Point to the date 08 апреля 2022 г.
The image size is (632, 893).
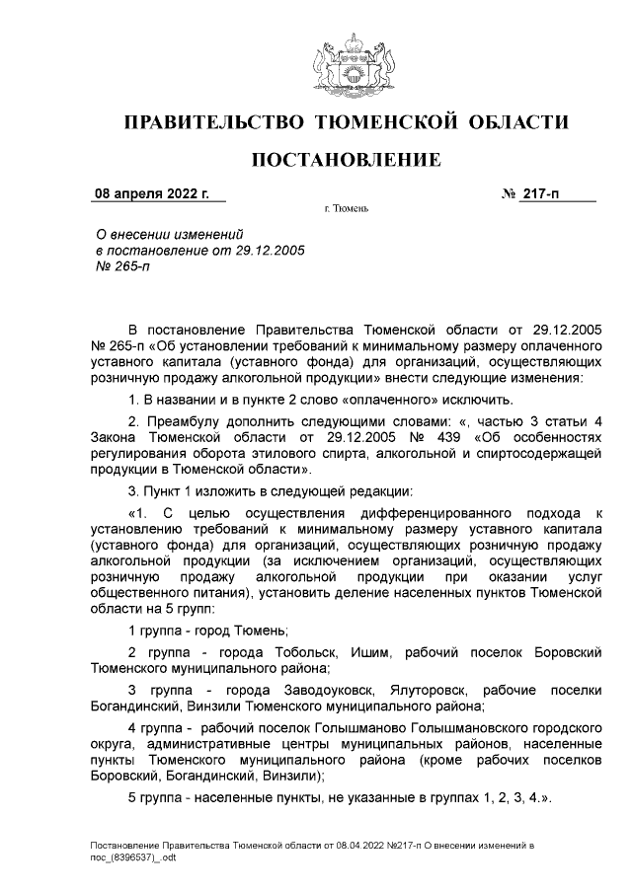[151, 194]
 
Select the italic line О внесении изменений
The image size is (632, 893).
[168, 234]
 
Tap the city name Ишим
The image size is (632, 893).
[371, 652]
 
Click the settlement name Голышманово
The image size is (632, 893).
[356, 727]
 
